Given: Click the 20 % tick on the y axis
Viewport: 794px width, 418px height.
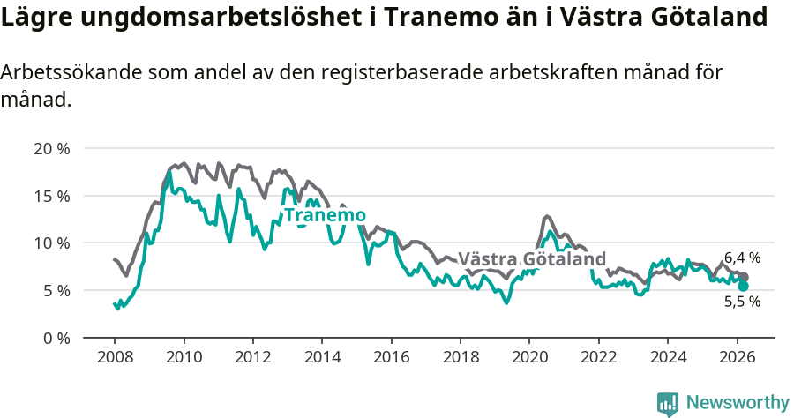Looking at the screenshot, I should [51, 148].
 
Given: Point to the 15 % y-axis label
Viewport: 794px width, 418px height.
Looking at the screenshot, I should [51, 196].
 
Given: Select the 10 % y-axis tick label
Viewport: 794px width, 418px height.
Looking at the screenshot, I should [51, 243].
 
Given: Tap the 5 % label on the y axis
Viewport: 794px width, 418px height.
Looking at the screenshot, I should [56, 290].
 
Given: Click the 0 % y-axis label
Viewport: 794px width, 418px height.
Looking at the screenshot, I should [56, 338].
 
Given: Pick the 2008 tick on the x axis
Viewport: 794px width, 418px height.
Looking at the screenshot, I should [115, 357].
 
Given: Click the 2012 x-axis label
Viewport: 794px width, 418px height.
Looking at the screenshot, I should [253, 357].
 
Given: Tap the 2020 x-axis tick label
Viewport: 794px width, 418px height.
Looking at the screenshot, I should [529, 357].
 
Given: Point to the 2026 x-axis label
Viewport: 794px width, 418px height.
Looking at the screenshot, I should [737, 357].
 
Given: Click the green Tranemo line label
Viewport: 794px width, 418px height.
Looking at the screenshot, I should [324, 215].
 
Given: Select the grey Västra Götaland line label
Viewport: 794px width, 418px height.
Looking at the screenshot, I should [532, 259].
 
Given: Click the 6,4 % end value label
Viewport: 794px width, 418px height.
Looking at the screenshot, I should [742, 258].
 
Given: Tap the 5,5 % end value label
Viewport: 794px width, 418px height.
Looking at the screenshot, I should [742, 302].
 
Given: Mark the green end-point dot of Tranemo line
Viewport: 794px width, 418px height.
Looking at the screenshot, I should [743, 286].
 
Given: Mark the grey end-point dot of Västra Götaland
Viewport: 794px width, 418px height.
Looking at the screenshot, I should [744, 277].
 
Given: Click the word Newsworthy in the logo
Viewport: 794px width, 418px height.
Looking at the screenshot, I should [738, 403].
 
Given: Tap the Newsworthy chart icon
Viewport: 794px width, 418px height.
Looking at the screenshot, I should [668, 404].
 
